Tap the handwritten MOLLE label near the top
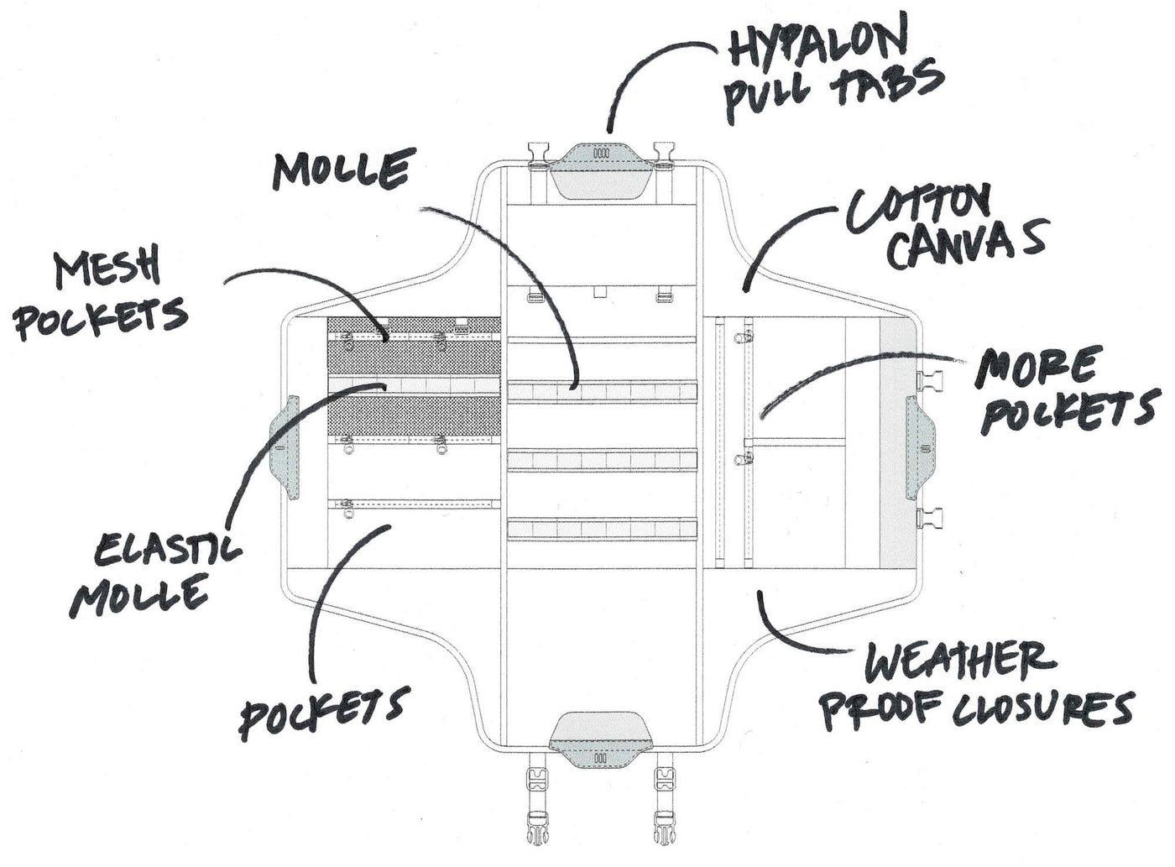pos(342,170)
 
